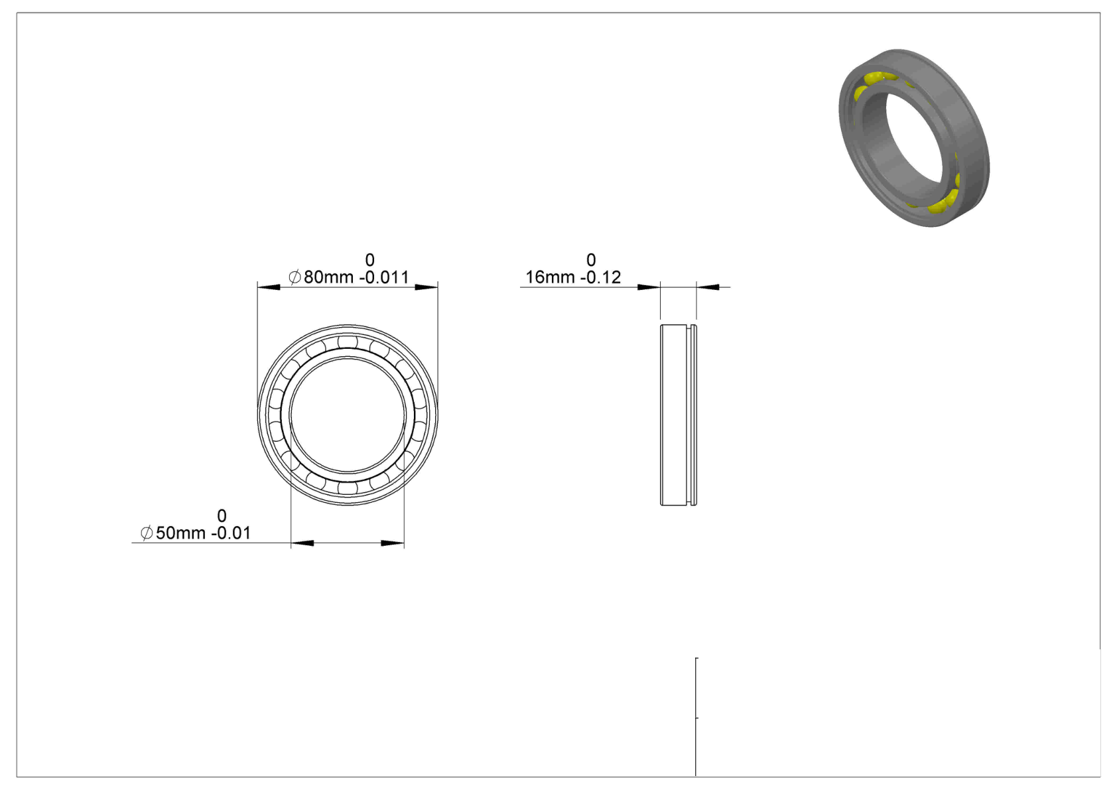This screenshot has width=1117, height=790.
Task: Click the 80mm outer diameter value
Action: coord(328,277)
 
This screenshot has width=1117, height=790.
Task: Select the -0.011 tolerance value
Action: coord(384,277)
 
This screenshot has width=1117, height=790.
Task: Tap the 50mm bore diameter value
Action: coord(180,533)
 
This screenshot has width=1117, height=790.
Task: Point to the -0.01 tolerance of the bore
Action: coord(231,533)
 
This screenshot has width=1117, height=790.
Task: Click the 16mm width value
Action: coord(550,277)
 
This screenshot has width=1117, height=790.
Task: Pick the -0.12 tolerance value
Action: coord(600,277)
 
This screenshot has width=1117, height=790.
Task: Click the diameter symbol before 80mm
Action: coord(295,277)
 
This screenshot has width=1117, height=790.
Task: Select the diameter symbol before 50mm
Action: coord(147,533)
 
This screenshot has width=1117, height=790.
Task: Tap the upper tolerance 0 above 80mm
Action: coord(369,260)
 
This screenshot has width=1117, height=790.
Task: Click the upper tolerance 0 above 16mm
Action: coord(591,260)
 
